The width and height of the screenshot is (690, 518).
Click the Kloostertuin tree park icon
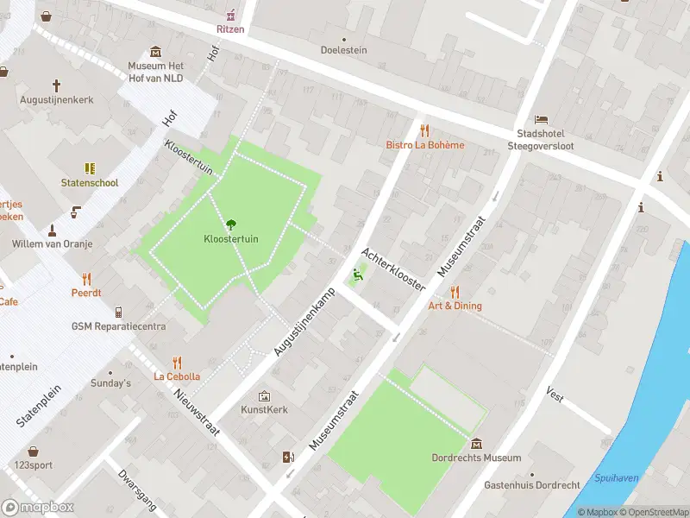coord(230,224)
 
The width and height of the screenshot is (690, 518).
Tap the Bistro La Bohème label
coord(424,145)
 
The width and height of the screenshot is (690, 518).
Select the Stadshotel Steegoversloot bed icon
coord(541,118)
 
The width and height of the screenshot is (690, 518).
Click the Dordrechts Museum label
coord(476,458)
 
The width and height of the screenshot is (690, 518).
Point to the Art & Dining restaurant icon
coord(455,291)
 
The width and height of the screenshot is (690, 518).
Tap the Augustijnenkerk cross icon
coord(57,85)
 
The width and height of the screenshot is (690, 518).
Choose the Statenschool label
coord(89,183)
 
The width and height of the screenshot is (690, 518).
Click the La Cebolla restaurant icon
coord(177,362)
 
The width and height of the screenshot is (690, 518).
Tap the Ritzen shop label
coord(230,29)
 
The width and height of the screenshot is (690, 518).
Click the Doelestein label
coord(344,50)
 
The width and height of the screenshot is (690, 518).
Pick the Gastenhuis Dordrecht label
coord(532,486)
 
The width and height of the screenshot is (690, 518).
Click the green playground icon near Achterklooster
coord(357,276)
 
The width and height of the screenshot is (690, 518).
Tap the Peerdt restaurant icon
coord(86,278)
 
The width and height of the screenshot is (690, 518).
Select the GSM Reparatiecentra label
coord(118,326)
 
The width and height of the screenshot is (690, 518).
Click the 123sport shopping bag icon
coord(33,451)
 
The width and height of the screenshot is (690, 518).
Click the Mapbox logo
coord(38,508)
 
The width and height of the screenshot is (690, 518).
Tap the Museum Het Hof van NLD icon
coord(155,52)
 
